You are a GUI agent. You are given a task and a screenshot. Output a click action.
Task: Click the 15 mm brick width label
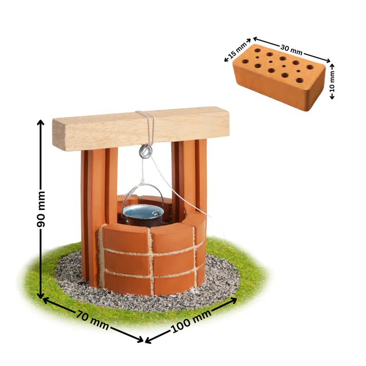pyautogui.click(x=237, y=50)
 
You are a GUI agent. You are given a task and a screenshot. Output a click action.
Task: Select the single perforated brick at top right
pyautogui.click(x=280, y=77)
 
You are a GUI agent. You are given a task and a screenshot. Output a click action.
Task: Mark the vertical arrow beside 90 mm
pyautogui.click(x=40, y=154)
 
